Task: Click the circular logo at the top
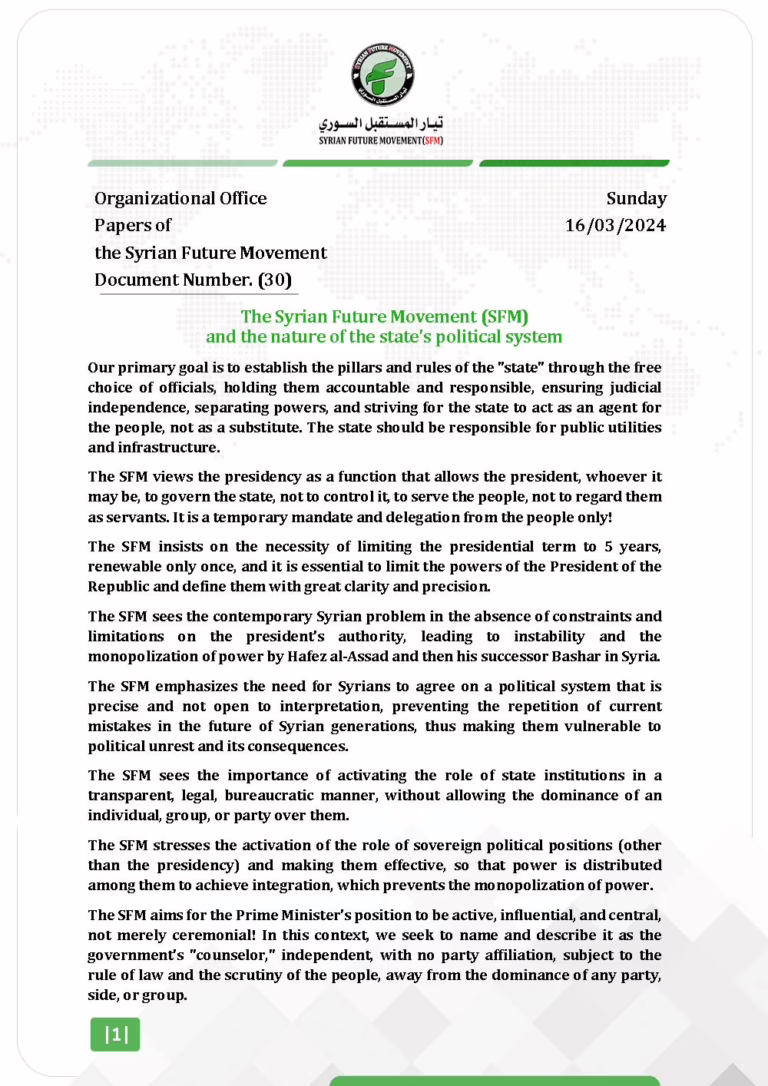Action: (383, 71)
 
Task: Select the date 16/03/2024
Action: (616, 225)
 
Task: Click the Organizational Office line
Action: (181, 198)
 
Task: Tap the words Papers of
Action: (133, 225)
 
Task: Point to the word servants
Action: (145, 516)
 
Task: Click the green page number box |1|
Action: (115, 1036)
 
